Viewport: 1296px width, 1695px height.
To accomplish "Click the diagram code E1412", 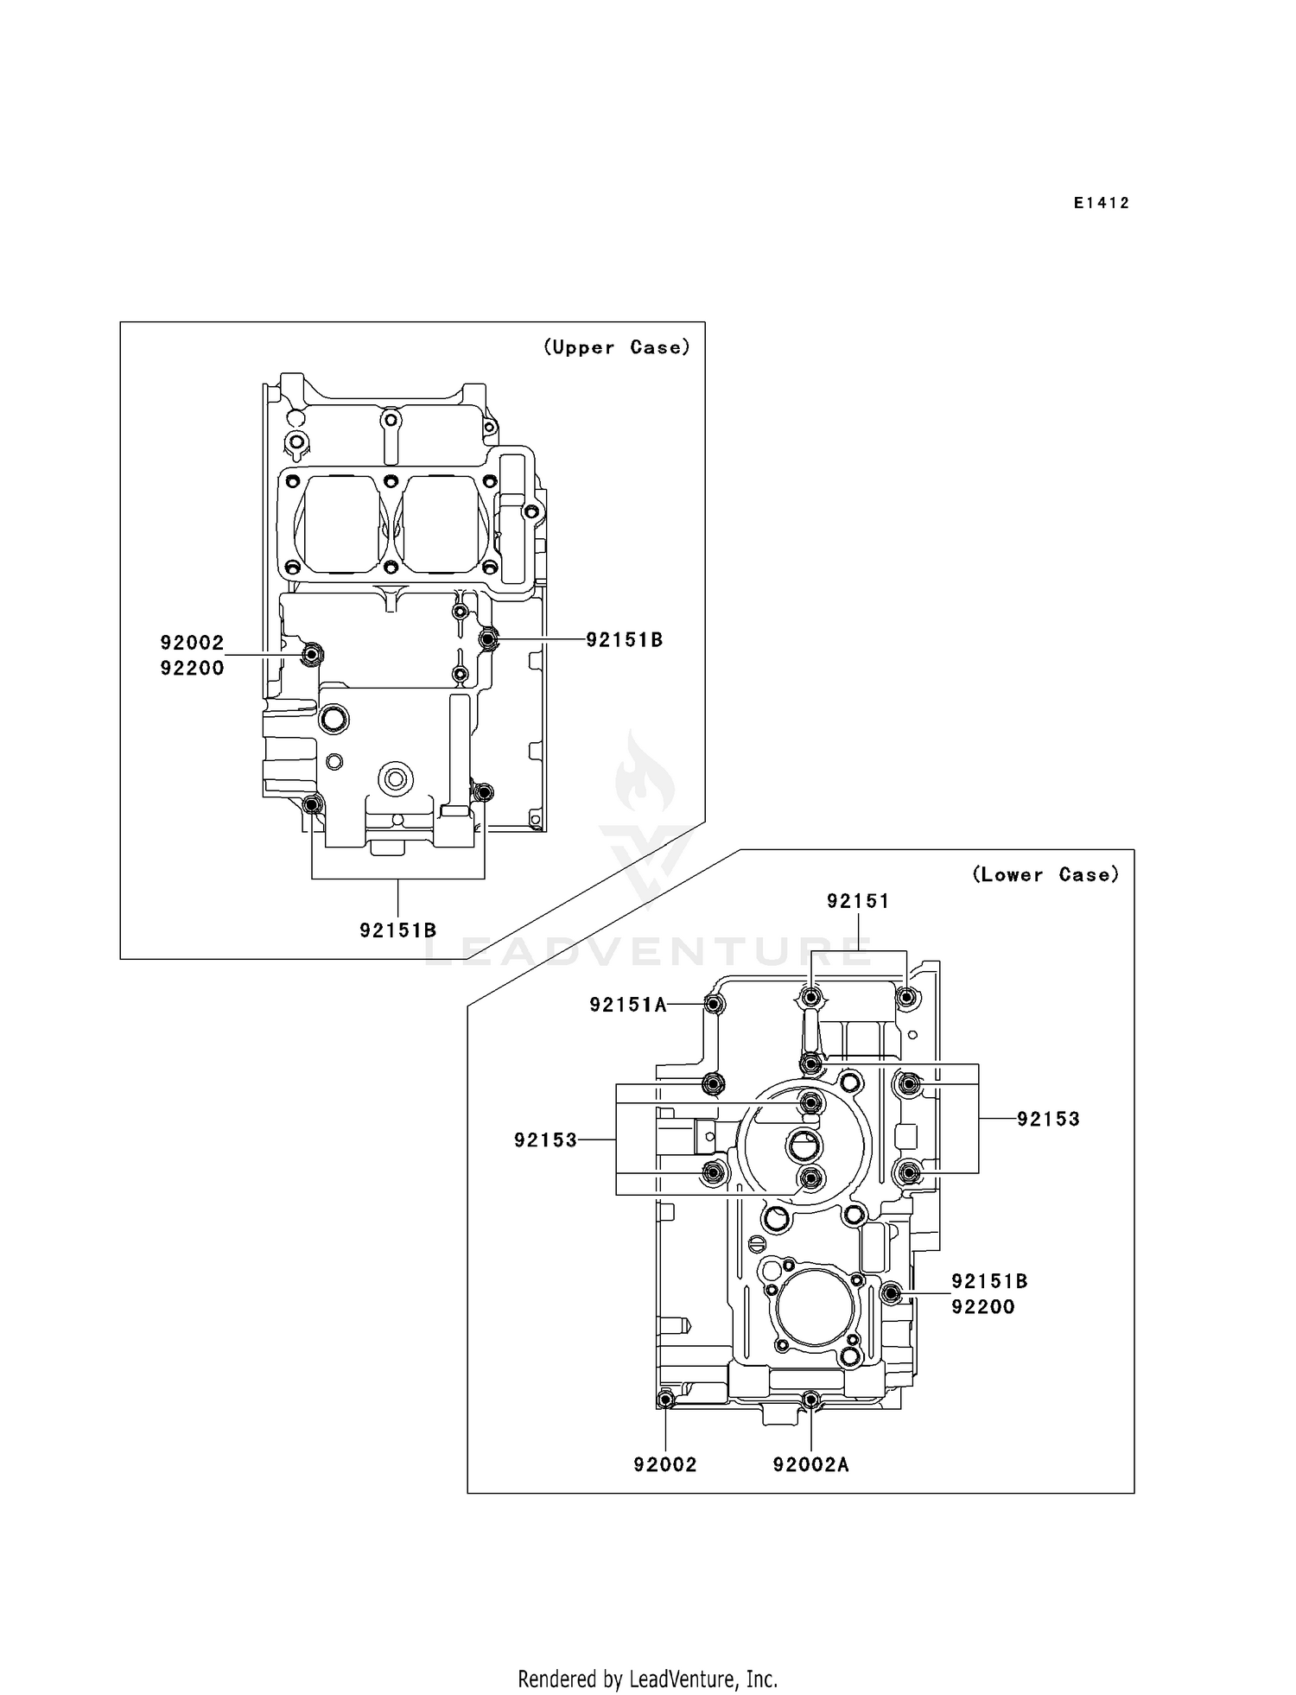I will pos(1102,204).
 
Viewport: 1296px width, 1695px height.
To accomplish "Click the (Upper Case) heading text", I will pos(617,347).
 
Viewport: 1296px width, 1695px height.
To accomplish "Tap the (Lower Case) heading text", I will pos(1045,875).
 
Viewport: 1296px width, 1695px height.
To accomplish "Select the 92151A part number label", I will pos(628,1005).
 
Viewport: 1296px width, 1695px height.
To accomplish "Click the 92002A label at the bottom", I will pos(810,1465).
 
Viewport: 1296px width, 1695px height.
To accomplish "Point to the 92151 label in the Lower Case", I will pos(857,901).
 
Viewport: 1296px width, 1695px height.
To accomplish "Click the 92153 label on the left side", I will pos(545,1140).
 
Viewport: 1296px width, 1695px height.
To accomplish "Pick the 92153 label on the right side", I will pos(1048,1120).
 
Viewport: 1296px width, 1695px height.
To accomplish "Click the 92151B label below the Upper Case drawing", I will pos(397,930).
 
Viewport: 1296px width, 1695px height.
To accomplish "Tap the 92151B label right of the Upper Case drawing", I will pos(624,640).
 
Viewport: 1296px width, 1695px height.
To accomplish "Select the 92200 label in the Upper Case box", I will pos(192,668).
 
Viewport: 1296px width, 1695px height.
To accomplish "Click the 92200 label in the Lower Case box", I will pos(982,1307).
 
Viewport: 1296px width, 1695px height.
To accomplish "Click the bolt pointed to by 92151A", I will pos(715,1005).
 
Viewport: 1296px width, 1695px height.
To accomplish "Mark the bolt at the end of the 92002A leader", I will pos(810,1399).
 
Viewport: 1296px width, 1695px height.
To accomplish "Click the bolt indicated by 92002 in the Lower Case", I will pos(665,1400).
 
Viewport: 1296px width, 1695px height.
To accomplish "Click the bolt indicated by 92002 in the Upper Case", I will pos(312,655).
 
